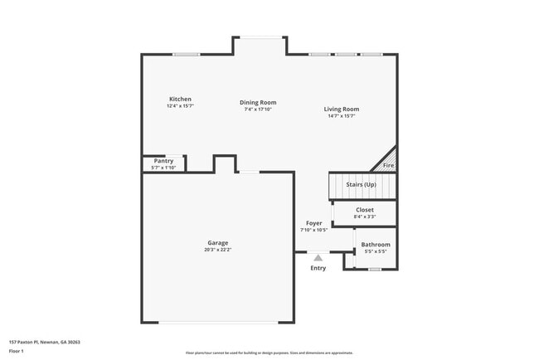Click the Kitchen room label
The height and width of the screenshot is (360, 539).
pos(180,99)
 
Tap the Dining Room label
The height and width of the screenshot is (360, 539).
pos(258,102)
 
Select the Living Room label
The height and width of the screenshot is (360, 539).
pos(341,109)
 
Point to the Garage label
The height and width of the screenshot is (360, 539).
pos(217,243)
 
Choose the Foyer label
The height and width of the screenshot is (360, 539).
pos(313,223)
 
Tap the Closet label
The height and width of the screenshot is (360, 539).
pos(365,210)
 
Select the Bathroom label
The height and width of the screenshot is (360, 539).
pos(375,245)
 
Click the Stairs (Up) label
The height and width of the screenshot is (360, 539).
pos(361,184)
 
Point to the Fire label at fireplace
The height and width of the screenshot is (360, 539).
pos(388,166)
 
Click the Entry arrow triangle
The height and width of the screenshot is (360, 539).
pos(318,258)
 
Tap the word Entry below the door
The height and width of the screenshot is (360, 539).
pos(318,268)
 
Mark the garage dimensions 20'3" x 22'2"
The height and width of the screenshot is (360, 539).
pos(217,250)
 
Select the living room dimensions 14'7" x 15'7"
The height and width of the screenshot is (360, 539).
pos(341,116)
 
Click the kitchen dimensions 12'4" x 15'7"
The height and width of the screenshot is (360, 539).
pos(180,106)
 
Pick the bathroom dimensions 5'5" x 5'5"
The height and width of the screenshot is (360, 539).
pos(375,251)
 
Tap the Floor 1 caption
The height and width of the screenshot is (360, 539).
pos(17,351)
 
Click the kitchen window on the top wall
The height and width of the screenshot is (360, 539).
pos(186,55)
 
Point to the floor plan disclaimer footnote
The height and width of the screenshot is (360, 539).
pos(269,353)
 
